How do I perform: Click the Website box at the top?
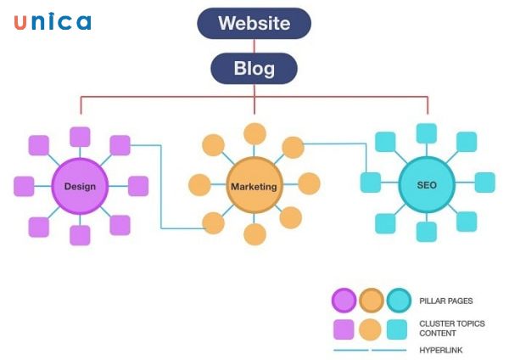[254, 23]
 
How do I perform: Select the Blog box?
[254, 69]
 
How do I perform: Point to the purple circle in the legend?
[344, 301]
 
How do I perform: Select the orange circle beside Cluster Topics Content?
[371, 329]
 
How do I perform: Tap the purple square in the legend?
[344, 329]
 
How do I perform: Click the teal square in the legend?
[398, 329]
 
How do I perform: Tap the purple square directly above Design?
[80, 137]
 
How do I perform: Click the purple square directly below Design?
[80, 235]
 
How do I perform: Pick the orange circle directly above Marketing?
[255, 133]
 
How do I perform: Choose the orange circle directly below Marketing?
[255, 235]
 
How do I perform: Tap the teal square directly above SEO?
[427, 133]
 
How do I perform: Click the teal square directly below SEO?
[427, 232]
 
